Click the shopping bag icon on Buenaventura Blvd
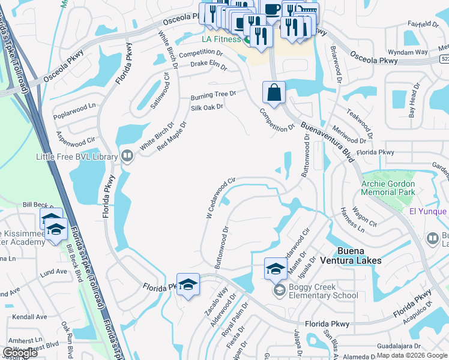point(274,93)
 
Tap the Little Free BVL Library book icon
point(127,157)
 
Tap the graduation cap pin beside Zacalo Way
point(187,284)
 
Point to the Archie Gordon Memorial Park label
point(388,188)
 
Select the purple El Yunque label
point(428,211)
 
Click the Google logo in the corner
point(20,353)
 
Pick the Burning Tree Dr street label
point(213,95)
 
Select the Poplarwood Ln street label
point(74,106)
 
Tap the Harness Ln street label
point(352,220)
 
